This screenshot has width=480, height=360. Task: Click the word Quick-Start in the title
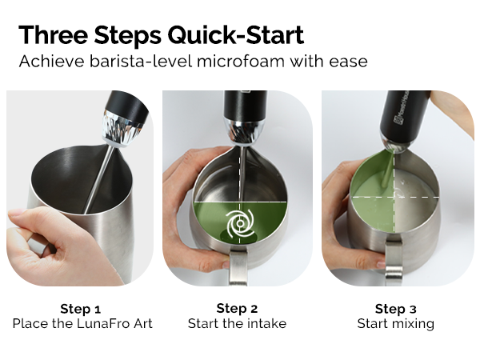coord(236,35)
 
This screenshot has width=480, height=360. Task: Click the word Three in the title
coord(54,34)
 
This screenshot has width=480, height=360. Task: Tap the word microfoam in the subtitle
coord(241,61)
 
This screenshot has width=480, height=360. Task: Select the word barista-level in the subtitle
coord(141,61)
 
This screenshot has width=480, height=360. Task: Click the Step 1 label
coord(81,309)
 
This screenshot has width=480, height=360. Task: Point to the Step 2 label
coord(237,309)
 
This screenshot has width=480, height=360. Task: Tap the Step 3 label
coord(396,309)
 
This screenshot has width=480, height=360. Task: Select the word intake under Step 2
coord(266,323)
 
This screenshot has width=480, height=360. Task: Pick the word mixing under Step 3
coord(414,324)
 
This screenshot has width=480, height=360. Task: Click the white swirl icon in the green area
coord(240,224)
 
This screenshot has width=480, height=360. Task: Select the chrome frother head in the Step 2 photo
coord(244,132)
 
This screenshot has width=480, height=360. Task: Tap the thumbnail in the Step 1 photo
coord(16,213)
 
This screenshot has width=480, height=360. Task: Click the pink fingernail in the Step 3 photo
coord(381,265)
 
